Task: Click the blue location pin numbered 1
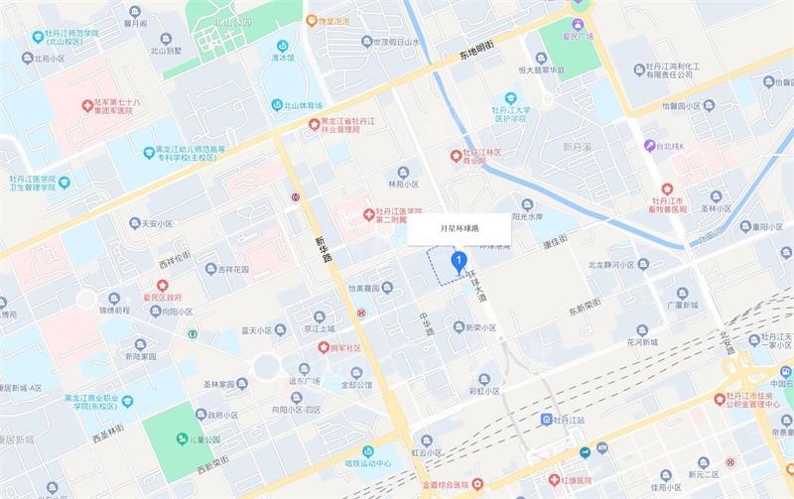click(459, 262)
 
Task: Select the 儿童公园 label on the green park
click(198, 439)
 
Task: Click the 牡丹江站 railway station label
click(576, 420)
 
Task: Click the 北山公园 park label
click(235, 21)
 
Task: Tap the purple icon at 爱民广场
click(579, 23)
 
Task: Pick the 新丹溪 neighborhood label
click(577, 145)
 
